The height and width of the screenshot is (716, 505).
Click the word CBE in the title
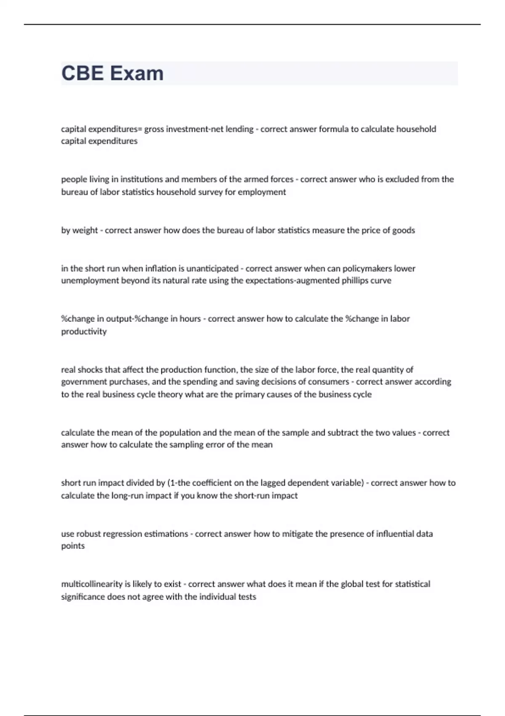point(82,73)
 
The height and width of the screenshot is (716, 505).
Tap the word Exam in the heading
point(137,73)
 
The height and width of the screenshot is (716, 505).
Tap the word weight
point(85,230)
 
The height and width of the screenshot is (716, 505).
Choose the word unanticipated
point(212,268)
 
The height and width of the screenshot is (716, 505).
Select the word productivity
point(84,331)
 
